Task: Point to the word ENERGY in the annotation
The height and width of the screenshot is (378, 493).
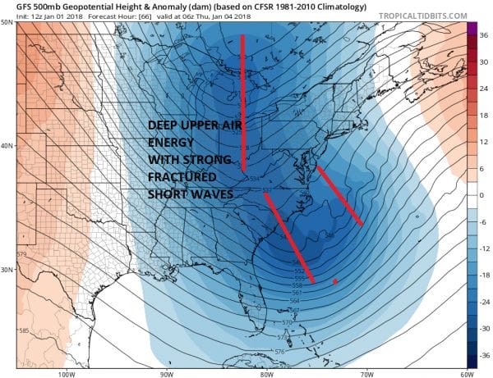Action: pos(172,143)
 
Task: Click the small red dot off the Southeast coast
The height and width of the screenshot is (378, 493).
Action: pos(334,282)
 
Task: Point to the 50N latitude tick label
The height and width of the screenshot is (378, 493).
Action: pos(7,22)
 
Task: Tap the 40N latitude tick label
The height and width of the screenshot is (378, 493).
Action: pos(7,147)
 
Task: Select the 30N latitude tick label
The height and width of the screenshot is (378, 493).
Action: pos(7,271)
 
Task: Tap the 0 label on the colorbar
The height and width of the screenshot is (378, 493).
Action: pos(483,195)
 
